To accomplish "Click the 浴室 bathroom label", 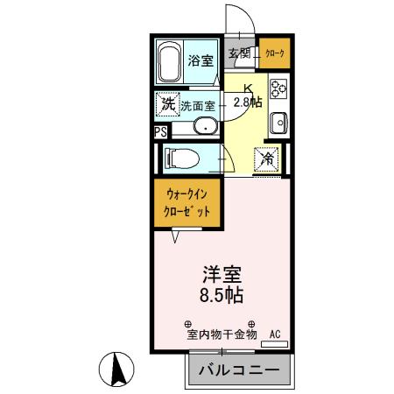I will coord(201,60).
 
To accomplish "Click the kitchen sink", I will coord(279,122).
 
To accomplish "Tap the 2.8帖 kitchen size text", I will coord(248,102).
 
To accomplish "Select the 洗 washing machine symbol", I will coord(167,104).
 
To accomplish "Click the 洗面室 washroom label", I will coord(197,105).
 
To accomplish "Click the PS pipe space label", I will coord(159,132).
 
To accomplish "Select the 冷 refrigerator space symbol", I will coord(266,159).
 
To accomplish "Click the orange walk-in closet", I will coord(188,204).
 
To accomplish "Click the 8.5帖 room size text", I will coord(224,295).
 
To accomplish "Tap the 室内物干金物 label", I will coord(220,334).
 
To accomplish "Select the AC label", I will coord(275,334).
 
